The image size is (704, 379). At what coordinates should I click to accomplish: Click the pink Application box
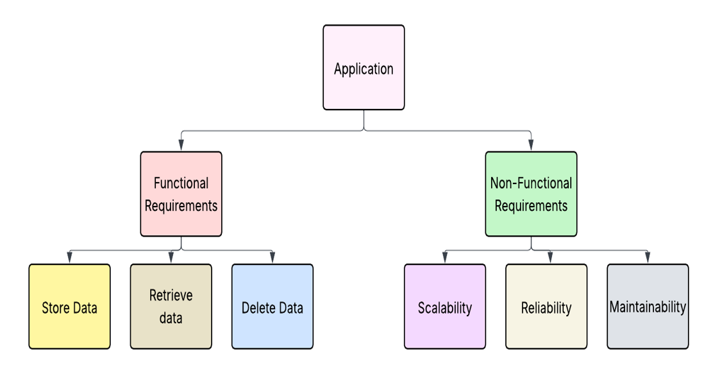pos(364,67)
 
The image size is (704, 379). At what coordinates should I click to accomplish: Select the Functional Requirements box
pos(181,194)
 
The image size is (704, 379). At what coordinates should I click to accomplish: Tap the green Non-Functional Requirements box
pos(531,194)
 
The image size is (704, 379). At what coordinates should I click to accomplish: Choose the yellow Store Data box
pos(69,307)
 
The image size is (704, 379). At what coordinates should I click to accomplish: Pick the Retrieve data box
pos(171,307)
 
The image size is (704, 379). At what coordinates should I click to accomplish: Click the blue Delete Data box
pos(272,307)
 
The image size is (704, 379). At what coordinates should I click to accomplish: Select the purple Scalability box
pos(445,307)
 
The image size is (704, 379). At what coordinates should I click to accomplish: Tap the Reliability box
pos(546,307)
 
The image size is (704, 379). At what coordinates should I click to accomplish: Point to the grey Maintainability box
pos(648,307)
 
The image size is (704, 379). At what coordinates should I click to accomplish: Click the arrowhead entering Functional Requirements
pos(181,146)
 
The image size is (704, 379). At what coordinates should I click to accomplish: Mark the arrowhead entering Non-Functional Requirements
pos(531,146)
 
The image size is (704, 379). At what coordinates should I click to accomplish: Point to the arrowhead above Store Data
pos(69,258)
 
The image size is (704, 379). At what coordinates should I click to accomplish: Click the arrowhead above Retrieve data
pos(171,258)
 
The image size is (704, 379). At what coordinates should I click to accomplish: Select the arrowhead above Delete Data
pos(272,258)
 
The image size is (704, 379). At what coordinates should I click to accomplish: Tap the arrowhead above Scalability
pos(445,258)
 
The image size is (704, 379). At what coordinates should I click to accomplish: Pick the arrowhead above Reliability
pos(550,258)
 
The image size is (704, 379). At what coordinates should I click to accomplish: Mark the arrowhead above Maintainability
pos(648,258)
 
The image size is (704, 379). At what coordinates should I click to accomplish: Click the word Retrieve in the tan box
pos(171,296)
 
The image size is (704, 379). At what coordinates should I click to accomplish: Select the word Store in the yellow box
pos(55,308)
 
